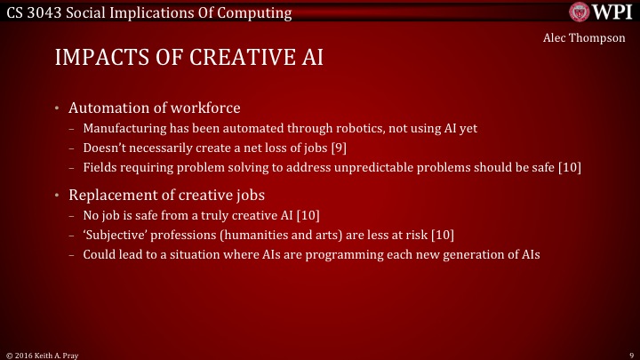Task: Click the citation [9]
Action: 339,148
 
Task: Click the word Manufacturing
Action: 123,128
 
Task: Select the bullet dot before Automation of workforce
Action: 56,108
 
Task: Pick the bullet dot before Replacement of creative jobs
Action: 56,195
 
